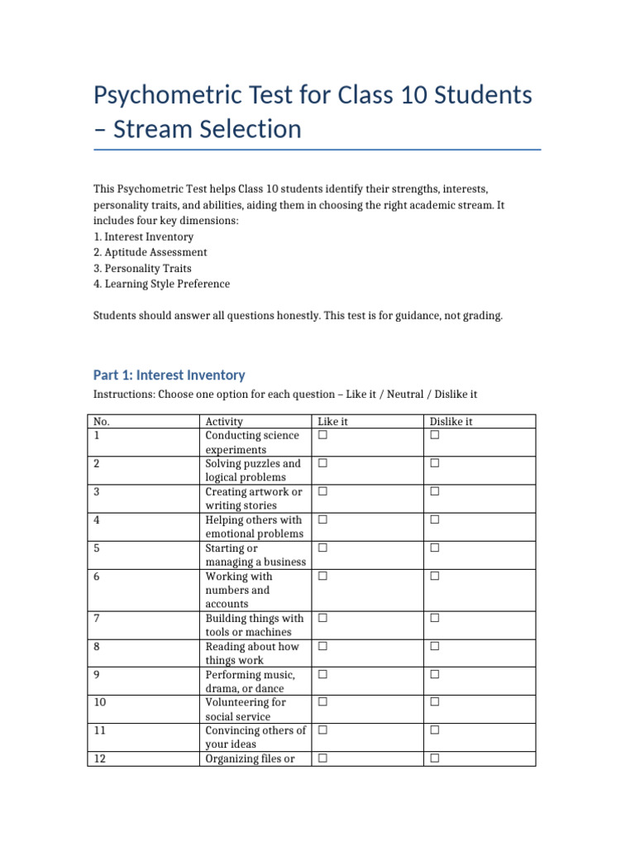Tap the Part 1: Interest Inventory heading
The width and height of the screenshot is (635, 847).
(x=169, y=375)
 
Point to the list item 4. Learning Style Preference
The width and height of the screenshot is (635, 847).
(x=161, y=284)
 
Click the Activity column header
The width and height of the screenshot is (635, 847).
(x=224, y=422)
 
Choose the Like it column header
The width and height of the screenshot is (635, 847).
(x=332, y=422)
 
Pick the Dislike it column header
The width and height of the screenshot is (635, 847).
(x=451, y=422)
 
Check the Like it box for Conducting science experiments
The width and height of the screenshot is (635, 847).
(x=322, y=435)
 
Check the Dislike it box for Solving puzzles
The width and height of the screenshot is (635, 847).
(x=435, y=463)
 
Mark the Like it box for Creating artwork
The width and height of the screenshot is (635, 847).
(x=322, y=491)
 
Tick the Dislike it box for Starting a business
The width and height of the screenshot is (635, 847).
(x=435, y=548)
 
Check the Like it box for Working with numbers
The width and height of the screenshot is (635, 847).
(x=322, y=576)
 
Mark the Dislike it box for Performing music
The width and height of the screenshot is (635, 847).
(x=435, y=674)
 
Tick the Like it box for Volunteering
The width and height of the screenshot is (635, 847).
(x=322, y=702)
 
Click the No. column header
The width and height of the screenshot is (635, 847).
(x=101, y=422)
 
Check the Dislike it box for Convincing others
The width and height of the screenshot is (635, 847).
(x=435, y=730)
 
